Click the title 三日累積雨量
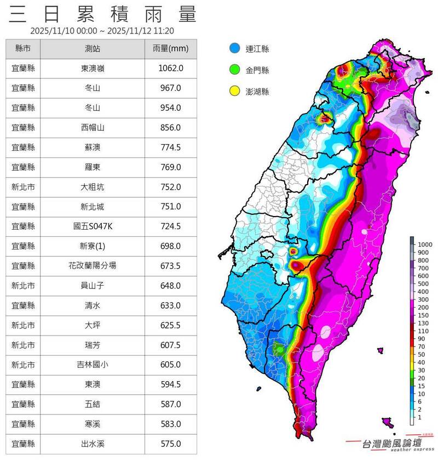point(102,14)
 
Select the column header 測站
point(93,49)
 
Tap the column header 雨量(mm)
point(170,49)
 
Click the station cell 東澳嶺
point(93,69)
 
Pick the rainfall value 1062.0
point(170,69)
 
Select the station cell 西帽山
point(93,128)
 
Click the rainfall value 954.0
point(170,108)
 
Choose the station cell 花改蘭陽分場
point(93,266)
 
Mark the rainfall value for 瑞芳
point(170,345)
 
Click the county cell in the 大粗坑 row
point(23,187)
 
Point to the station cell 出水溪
point(93,444)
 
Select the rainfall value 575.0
point(170,444)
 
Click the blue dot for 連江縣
point(235,49)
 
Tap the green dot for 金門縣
point(235,70)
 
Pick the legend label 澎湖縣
point(258,91)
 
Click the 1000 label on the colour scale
point(425,244)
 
